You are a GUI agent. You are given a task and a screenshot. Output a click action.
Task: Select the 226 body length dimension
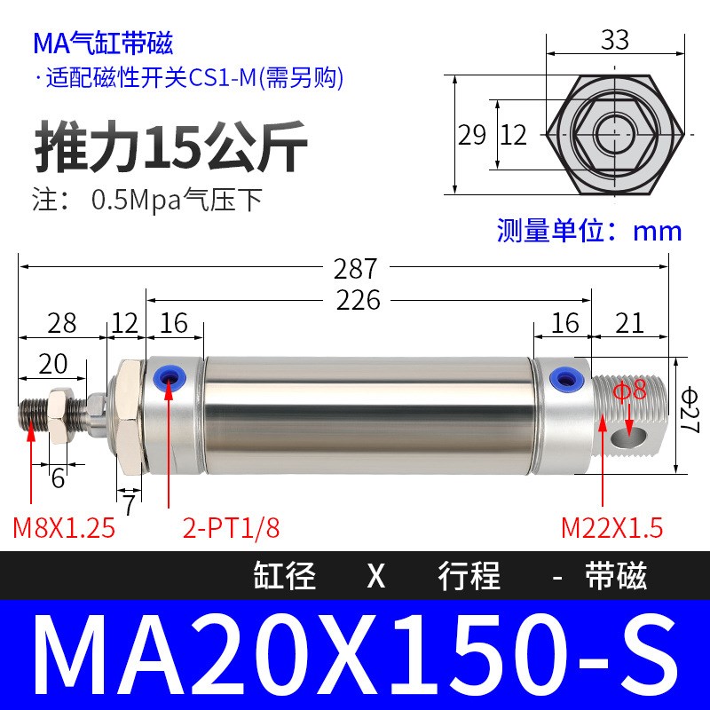pyautogui.click(x=359, y=300)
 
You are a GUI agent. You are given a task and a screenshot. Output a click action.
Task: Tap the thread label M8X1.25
pyautogui.click(x=64, y=528)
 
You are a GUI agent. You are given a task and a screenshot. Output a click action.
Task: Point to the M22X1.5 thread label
pyautogui.click(x=612, y=528)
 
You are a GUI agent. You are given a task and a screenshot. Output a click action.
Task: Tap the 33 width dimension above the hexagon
pyautogui.click(x=614, y=40)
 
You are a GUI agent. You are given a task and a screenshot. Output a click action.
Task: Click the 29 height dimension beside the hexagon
pyautogui.click(x=471, y=135)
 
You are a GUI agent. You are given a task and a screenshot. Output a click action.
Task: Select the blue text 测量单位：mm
pyautogui.click(x=589, y=231)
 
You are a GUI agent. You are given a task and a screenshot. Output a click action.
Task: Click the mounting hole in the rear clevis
pyautogui.click(x=635, y=430)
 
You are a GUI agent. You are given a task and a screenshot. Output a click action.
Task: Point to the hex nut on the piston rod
pyautogui.click(x=62, y=413)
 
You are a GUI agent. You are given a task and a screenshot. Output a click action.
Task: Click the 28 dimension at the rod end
pyautogui.click(x=62, y=323)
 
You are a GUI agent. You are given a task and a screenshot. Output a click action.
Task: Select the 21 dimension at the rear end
pyautogui.click(x=629, y=323)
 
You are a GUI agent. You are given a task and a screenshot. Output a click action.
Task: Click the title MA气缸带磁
pyautogui.click(x=102, y=43)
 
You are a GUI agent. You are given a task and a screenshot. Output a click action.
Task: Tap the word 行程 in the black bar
pyautogui.click(x=469, y=577)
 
